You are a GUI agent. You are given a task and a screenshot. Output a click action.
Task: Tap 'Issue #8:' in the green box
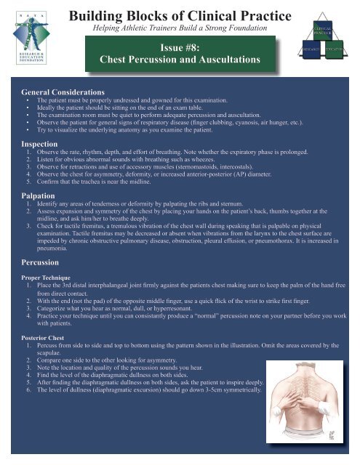[191, 46]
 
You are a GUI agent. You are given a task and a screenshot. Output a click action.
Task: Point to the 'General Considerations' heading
[61, 93]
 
